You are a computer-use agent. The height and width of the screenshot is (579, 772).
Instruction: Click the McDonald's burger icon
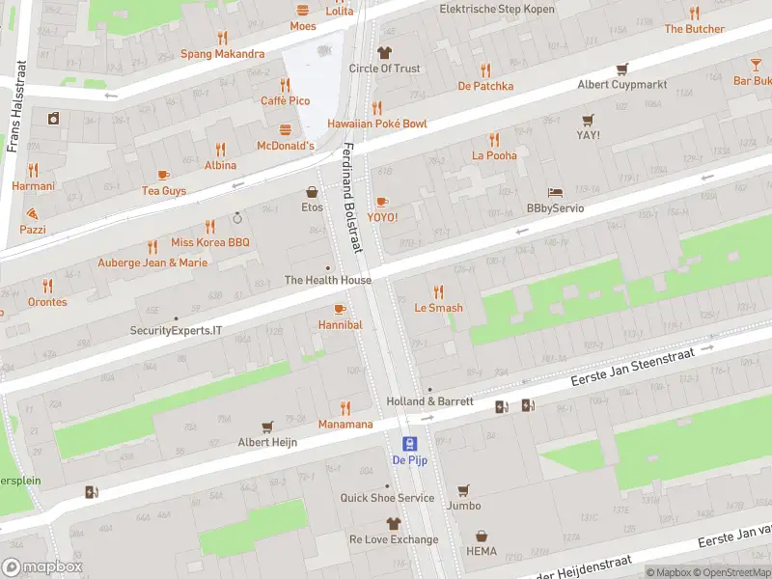tap(286, 129)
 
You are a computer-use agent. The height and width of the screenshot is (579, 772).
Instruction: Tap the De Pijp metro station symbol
tap(409, 444)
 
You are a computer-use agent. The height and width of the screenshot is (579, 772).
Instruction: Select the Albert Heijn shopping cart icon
tap(267, 426)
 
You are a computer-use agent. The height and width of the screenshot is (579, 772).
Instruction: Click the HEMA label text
tap(482, 553)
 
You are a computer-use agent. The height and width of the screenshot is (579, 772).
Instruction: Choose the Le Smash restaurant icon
tap(439, 291)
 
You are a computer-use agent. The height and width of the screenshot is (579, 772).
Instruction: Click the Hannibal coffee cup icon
tap(339, 309)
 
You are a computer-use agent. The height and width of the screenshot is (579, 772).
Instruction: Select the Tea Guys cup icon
tap(163, 175)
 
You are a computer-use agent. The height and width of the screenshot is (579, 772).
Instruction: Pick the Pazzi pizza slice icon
tap(33, 212)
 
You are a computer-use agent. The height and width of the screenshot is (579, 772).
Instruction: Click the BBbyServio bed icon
tap(555, 192)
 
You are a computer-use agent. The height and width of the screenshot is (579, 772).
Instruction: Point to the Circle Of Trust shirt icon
tap(384, 52)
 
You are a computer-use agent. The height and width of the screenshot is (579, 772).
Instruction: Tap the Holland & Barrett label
tap(429, 401)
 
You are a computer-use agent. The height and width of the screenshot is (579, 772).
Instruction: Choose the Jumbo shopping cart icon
tap(463, 489)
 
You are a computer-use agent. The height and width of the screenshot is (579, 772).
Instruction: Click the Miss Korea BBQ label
tap(209, 242)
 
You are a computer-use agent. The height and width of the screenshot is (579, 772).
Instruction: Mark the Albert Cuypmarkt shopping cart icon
tap(622, 69)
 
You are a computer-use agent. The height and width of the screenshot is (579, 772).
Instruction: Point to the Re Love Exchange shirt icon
tap(393, 523)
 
